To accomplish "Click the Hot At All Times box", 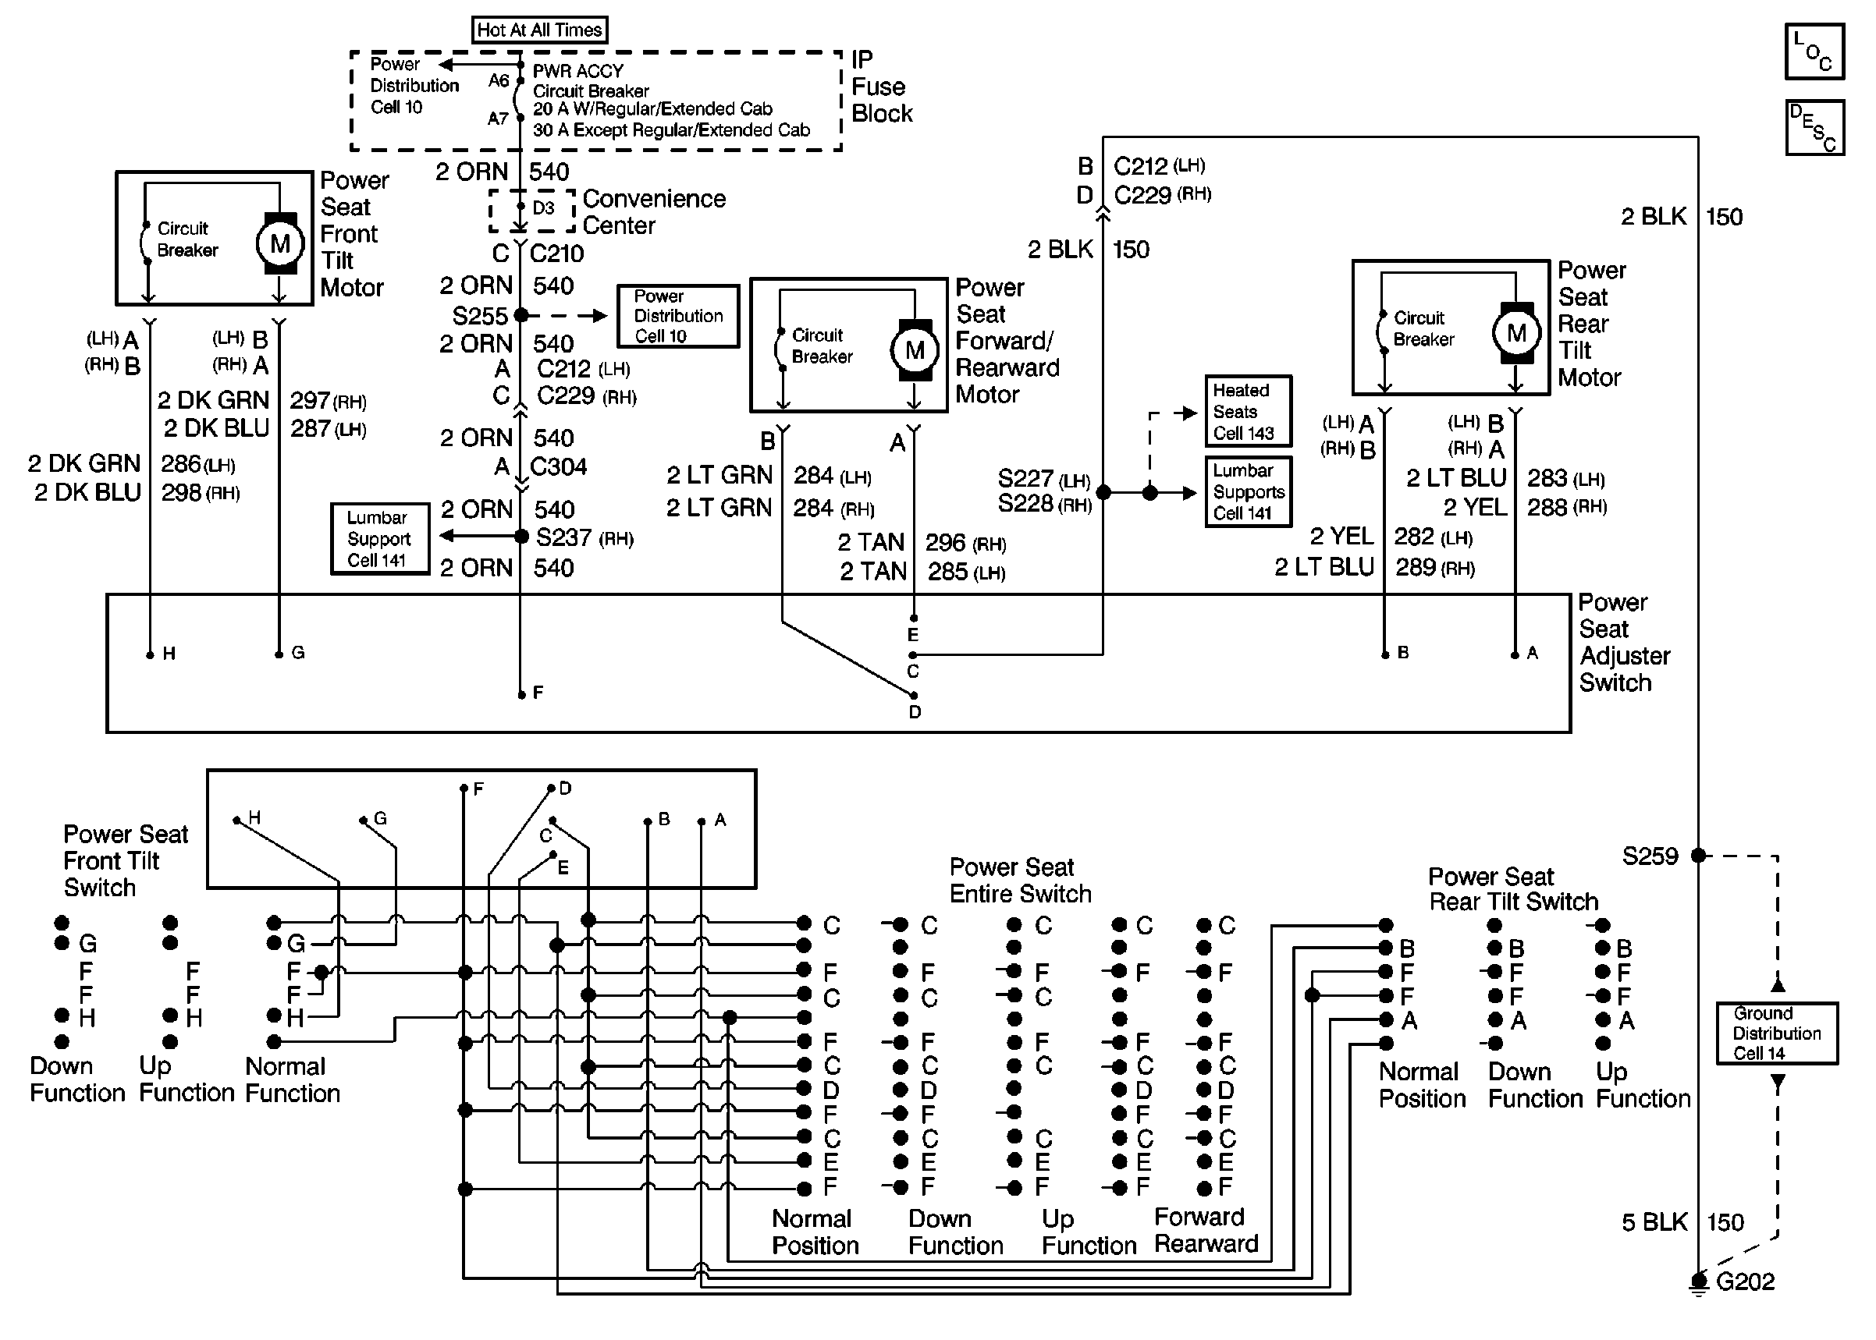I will [x=540, y=30].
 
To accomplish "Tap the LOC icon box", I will [x=1814, y=51].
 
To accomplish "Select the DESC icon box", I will [x=1814, y=128].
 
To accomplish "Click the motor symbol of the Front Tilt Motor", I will [x=280, y=243].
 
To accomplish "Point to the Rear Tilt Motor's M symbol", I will [x=1516, y=332].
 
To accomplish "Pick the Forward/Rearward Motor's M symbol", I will [x=915, y=350].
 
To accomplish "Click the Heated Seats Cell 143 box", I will [x=1248, y=411].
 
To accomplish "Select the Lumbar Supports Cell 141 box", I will [x=1248, y=491].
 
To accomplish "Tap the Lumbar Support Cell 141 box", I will [x=380, y=539].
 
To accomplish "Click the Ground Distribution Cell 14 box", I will [x=1777, y=1033].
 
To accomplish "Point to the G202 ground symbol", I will [x=1698, y=1282].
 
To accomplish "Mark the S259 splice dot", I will [x=1698, y=856].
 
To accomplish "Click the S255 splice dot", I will [x=521, y=315].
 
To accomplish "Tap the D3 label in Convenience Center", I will [x=543, y=208].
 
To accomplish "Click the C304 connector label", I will [x=558, y=467].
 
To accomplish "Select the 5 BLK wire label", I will [x=1654, y=1223].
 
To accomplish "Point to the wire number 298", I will [x=181, y=493].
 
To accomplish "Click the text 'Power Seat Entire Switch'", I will [x=1020, y=881].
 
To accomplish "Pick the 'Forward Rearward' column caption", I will [x=1206, y=1230].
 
